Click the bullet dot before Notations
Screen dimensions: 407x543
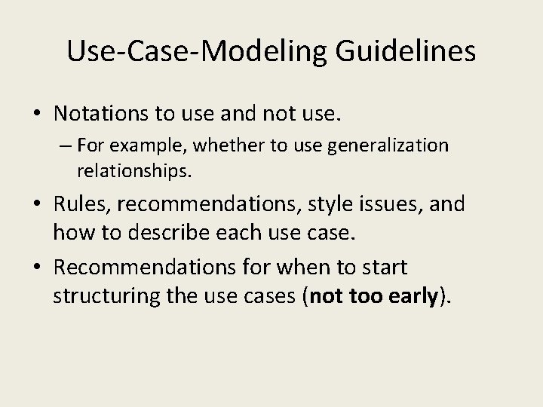point(38,115)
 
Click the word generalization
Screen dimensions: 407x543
point(394,145)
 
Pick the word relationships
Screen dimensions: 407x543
point(133,172)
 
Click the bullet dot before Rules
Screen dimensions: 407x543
point(38,204)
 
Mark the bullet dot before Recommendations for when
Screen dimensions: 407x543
point(38,268)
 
